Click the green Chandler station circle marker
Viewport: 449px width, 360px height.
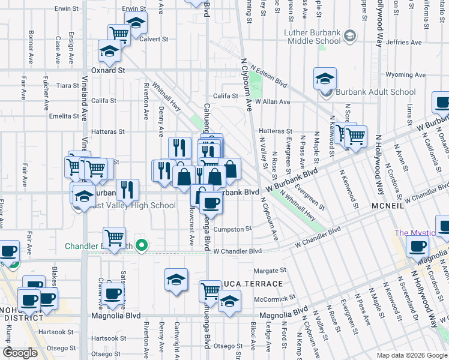pos(142,244)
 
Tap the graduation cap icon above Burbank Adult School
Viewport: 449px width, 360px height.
pos(325,79)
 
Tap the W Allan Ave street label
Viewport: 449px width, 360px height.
pos(272,102)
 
